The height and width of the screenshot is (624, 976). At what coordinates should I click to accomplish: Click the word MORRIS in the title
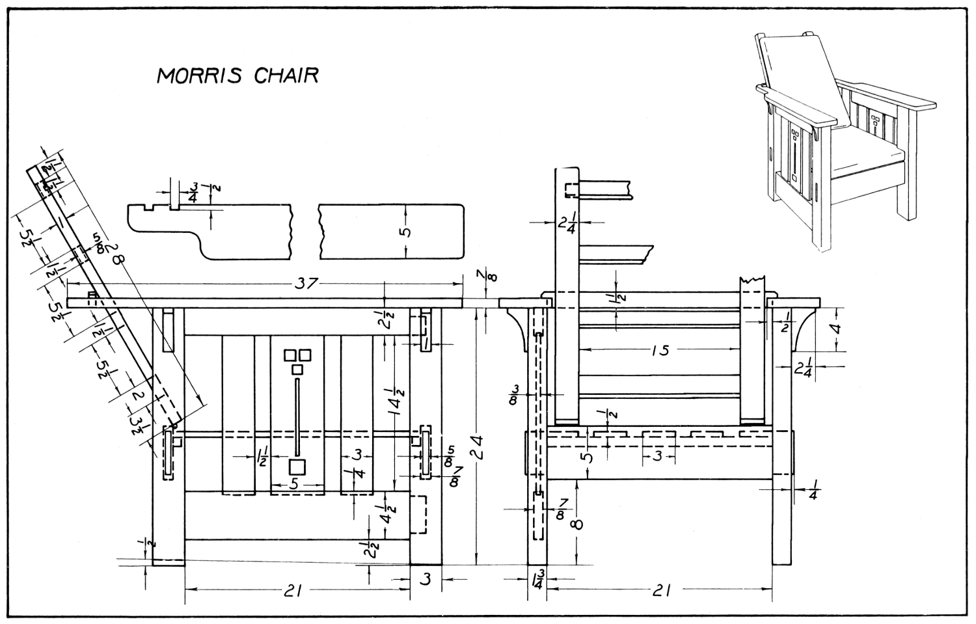(199, 75)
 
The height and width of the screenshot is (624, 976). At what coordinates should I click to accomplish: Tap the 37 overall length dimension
(307, 283)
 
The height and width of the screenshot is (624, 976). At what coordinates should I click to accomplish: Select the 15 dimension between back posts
(660, 351)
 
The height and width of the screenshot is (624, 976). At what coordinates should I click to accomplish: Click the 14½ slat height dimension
(394, 402)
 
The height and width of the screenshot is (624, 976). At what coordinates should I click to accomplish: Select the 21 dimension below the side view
(660, 590)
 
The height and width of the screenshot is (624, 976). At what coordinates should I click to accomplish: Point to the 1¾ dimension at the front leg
(537, 578)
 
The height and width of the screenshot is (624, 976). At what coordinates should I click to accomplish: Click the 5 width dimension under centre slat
(294, 485)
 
